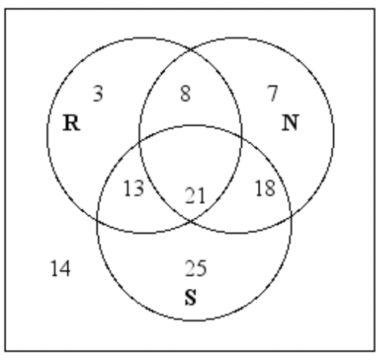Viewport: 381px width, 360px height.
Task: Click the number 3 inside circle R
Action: point(98,94)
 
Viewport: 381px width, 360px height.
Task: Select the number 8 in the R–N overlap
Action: point(186,94)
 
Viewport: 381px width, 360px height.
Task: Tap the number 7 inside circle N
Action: point(273,94)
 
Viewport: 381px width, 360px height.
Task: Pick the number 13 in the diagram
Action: point(134,188)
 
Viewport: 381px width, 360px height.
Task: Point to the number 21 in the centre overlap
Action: point(195,196)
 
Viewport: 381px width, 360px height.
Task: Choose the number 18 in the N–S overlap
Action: point(265,188)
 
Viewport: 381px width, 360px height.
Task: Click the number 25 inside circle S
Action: point(196,268)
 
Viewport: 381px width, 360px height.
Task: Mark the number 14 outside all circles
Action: point(61,268)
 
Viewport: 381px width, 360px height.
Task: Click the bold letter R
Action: point(71,123)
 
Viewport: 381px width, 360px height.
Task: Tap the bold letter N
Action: point(290,123)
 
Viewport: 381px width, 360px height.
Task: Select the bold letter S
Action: point(190,297)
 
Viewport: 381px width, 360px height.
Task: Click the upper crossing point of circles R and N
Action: point(190,50)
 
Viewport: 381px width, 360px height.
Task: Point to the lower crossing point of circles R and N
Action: point(190,221)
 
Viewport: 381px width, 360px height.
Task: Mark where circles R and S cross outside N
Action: point(98,220)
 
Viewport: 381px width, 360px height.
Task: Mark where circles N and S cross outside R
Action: point(291,215)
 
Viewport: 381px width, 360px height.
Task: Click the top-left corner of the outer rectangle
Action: point(5,9)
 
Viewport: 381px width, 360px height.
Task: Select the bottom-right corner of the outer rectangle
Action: point(375,350)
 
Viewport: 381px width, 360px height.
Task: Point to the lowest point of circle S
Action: point(195,320)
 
